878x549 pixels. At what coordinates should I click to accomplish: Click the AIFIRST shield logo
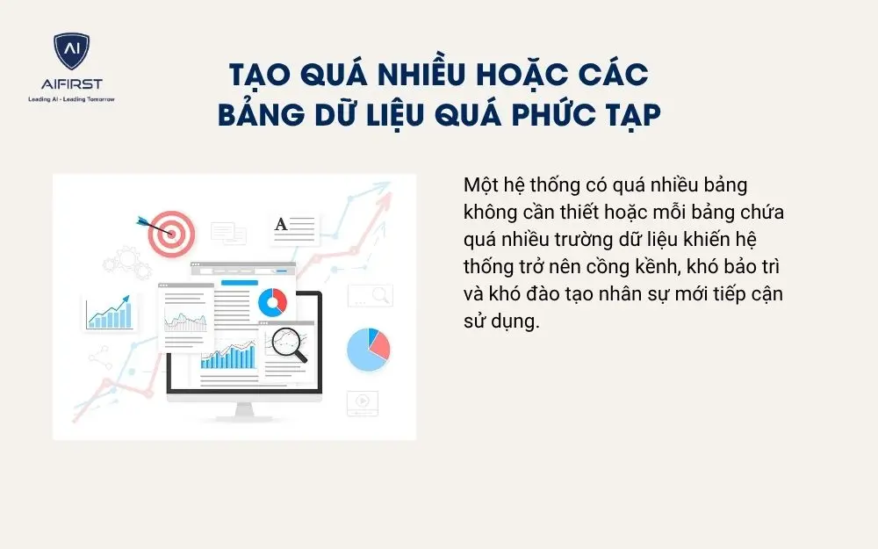click(x=72, y=54)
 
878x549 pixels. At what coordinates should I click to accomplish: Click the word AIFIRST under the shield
click(x=72, y=84)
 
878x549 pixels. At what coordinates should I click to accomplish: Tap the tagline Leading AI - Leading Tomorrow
click(x=72, y=98)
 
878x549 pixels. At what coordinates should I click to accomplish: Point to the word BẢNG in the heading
click(x=263, y=115)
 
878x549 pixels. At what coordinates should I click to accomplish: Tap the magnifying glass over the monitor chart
click(x=289, y=343)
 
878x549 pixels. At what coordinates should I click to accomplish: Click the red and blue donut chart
click(x=272, y=301)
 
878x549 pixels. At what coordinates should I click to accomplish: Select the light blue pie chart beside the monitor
click(x=368, y=349)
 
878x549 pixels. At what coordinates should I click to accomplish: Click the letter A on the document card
click(x=281, y=225)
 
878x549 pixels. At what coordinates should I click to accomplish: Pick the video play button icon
click(x=361, y=402)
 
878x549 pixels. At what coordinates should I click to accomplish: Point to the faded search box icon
click(x=370, y=295)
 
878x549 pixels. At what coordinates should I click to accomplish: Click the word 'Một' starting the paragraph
click(x=479, y=187)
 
